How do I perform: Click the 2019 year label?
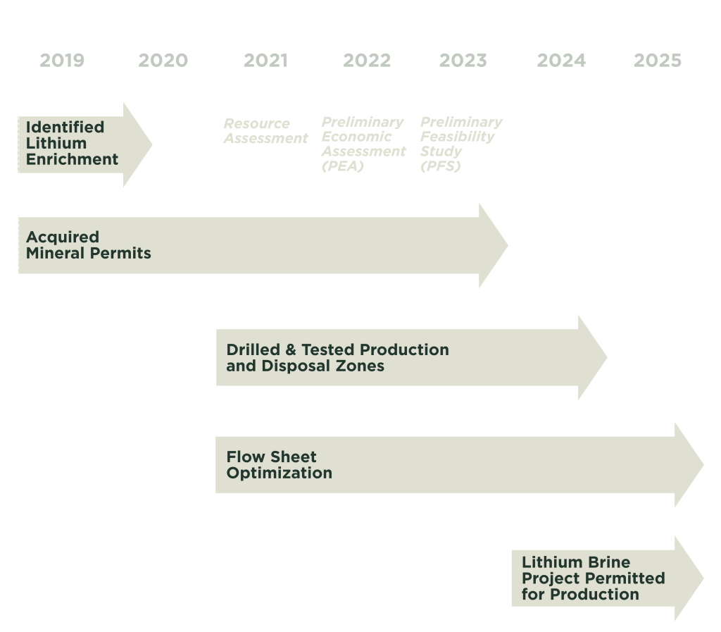pyautogui.click(x=62, y=61)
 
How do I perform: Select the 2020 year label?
pyautogui.click(x=163, y=61)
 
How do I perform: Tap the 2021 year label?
pyautogui.click(x=265, y=61)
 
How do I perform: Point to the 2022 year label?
pyautogui.click(x=366, y=61)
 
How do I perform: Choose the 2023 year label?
pyautogui.click(x=463, y=61)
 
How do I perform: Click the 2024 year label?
pyautogui.click(x=561, y=61)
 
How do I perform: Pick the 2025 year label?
pyautogui.click(x=658, y=61)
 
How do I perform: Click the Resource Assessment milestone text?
pyautogui.click(x=265, y=131)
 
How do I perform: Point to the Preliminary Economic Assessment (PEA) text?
pyautogui.click(x=363, y=144)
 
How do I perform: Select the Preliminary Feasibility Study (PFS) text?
pyautogui.click(x=461, y=144)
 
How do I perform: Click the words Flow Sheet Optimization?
pyautogui.click(x=279, y=465)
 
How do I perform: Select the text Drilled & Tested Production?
pyautogui.click(x=337, y=349)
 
